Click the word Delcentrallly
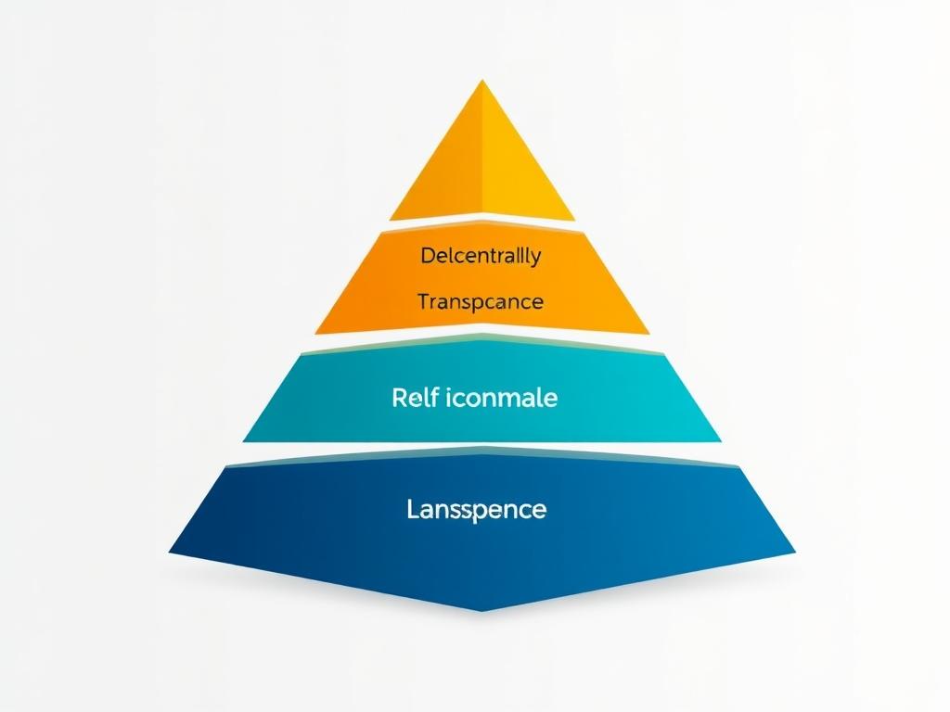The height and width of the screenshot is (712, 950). tap(480, 256)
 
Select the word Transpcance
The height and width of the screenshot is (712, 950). tap(480, 302)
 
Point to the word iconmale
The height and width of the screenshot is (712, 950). tap(502, 399)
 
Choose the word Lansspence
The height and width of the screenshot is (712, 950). tap(476, 509)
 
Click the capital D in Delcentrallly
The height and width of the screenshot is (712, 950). tap(427, 256)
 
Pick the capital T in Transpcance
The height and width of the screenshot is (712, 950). tap(423, 302)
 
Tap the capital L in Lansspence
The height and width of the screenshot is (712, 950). tap(412, 509)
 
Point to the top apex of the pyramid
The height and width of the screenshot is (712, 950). tap(481, 81)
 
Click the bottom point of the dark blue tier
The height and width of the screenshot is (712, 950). tap(481, 610)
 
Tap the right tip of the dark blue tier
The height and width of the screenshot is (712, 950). tap(795, 551)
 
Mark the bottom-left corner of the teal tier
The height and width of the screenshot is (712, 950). tap(243, 439)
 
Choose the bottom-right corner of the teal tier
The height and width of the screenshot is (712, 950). tap(721, 439)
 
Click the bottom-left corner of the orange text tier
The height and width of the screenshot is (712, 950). tap(315, 333)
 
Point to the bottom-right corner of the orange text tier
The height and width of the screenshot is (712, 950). tap(648, 331)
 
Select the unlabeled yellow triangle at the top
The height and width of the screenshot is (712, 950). tap(481, 167)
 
